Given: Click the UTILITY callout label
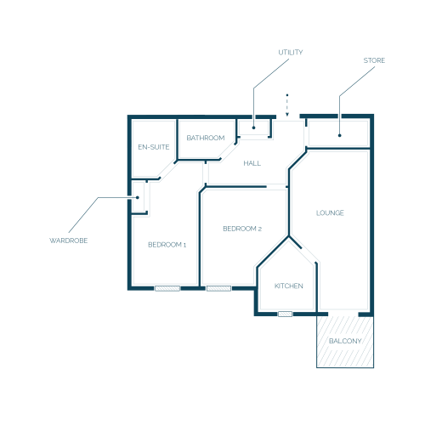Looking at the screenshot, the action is click(291, 53).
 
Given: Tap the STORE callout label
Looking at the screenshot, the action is click(374, 60).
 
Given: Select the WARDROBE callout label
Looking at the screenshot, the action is click(69, 241).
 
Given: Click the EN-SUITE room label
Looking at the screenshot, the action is click(154, 147).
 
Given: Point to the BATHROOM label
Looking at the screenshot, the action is click(206, 138).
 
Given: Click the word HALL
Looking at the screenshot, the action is click(252, 163).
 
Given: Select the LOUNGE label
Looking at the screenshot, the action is click(330, 212).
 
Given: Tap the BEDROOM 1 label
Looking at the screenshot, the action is click(167, 245).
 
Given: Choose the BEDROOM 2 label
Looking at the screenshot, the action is click(242, 229).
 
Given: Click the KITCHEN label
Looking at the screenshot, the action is click(289, 286).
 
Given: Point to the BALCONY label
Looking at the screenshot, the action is click(345, 341).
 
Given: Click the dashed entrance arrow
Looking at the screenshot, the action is click(287, 105).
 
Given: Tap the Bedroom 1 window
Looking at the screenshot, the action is click(167, 288).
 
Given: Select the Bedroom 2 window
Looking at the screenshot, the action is click(219, 288).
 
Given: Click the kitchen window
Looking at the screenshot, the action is click(285, 314).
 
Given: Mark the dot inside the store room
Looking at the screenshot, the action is click(340, 135).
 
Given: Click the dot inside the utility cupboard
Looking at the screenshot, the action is click(253, 127).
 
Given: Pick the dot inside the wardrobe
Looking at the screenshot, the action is click(138, 197).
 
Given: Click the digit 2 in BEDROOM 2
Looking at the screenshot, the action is click(260, 229).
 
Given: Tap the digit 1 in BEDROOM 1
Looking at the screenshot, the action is click(184, 245).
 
